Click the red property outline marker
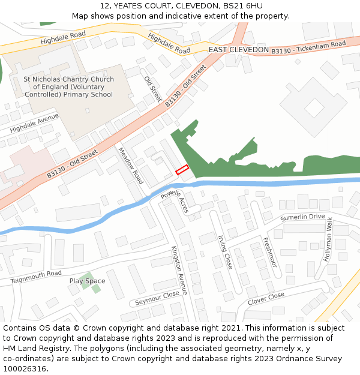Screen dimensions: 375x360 pos(182,170)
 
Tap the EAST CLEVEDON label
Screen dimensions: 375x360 pos(238,49)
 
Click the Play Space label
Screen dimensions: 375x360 pos(87,281)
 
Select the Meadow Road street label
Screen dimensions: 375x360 pos(131,166)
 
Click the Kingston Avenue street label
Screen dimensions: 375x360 pos(179,269)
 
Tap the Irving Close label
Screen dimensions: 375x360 pos(225,251)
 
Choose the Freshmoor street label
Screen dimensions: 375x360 pos(269,252)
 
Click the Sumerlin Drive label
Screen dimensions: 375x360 pos(302,217)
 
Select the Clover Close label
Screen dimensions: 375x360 pos(266,298)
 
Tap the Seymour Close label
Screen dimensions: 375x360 pos(157,298)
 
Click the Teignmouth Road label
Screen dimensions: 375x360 pos(36,277)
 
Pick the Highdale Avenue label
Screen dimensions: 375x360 pos(35,122)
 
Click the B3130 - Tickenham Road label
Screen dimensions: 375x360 pos(308,47)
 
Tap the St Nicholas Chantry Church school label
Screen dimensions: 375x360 pos(68,87)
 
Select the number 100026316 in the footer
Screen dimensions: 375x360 pos(25,368)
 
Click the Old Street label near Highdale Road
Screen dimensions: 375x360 pos(153,88)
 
